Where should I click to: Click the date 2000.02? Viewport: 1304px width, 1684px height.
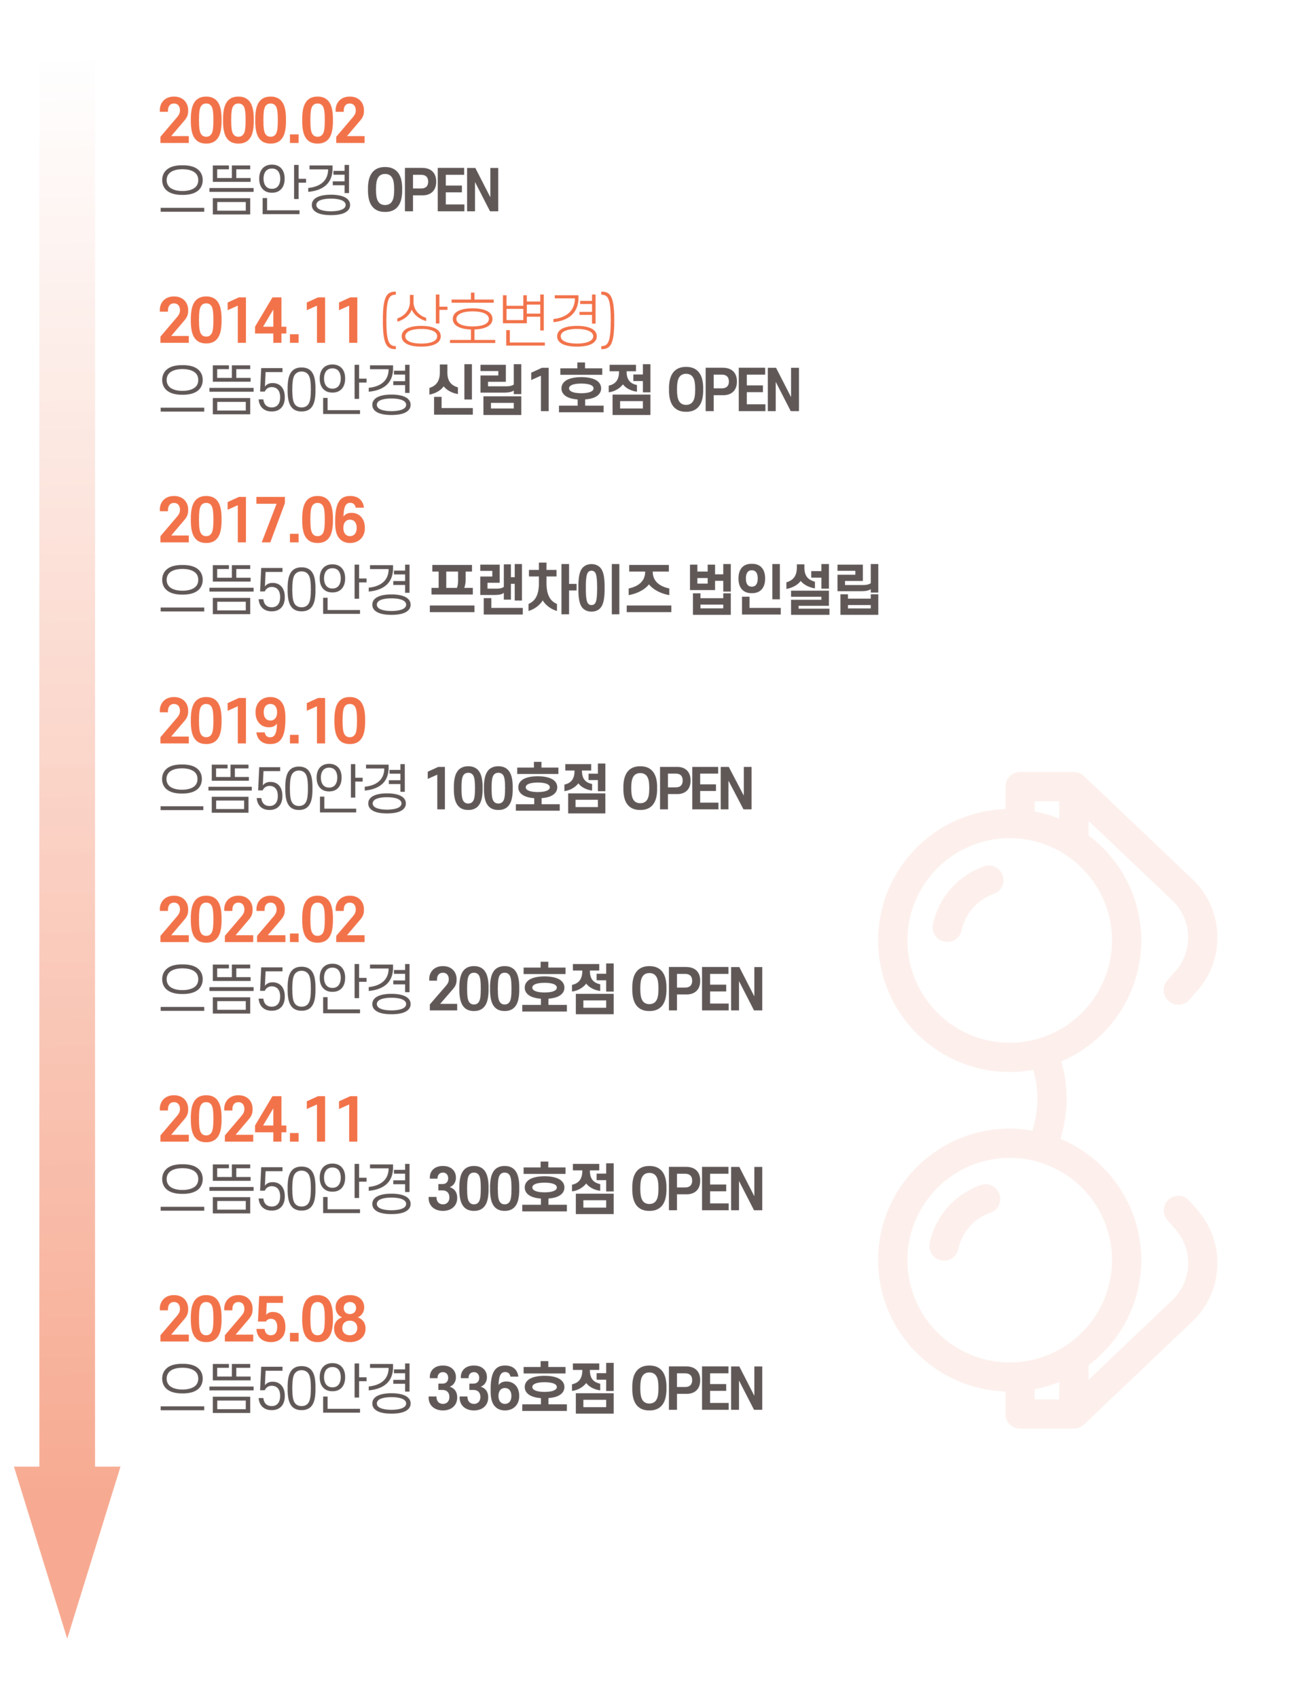262,121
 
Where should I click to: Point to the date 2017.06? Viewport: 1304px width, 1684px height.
262,521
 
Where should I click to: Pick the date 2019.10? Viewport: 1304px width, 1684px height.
262,721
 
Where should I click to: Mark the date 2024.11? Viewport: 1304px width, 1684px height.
260,1120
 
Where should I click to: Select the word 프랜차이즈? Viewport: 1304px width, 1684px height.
549,590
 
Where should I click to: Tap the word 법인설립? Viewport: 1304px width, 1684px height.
782,590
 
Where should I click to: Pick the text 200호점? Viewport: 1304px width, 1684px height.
520,989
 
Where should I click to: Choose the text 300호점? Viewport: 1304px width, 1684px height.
520,1188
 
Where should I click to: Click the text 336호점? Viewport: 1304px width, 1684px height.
520,1388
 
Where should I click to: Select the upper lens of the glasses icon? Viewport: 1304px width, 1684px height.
1009,940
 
